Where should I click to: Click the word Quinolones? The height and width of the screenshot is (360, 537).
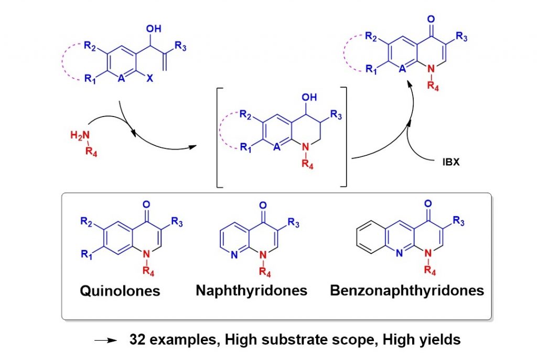(x=120, y=290)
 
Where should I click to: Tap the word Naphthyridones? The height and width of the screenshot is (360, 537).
(x=252, y=290)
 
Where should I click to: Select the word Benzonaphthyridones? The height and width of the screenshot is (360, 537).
(x=407, y=290)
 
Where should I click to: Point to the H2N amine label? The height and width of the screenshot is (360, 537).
(x=78, y=135)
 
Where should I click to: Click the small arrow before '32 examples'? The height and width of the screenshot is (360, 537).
(x=105, y=341)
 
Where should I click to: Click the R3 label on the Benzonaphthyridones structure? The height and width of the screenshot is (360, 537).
(x=459, y=221)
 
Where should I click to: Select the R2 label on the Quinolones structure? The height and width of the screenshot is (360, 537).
(x=87, y=221)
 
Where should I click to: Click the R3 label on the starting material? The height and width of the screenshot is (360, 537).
(x=181, y=47)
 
